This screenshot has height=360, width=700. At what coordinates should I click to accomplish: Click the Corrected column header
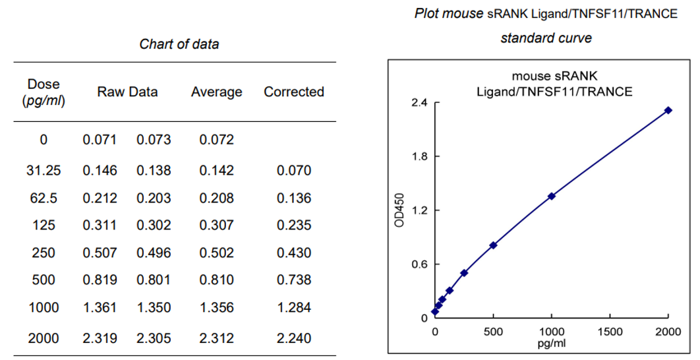[294, 92]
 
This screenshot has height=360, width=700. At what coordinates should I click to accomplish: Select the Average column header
[216, 92]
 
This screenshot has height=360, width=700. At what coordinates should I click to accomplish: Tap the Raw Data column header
[127, 92]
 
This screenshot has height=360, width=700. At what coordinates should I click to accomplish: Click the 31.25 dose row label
[44, 171]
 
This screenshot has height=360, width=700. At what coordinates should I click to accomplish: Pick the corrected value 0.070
[294, 171]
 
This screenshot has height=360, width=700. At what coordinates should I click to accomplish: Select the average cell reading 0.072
[216, 140]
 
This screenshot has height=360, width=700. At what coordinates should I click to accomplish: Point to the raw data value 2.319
[100, 338]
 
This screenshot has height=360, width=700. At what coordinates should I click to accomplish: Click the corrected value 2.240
[294, 338]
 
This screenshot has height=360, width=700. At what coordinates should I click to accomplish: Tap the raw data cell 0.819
[100, 280]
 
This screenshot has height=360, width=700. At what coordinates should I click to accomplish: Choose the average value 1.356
[216, 307]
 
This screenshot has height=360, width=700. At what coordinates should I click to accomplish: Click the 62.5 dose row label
[44, 198]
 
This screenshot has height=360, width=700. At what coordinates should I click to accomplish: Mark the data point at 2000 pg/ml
[668, 110]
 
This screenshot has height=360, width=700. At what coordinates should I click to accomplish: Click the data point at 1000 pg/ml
[552, 196]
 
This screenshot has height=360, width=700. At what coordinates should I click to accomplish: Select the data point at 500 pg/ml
[493, 245]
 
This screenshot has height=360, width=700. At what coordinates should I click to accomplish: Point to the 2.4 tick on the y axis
[420, 103]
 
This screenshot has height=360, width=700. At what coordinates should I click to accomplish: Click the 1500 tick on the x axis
[610, 330]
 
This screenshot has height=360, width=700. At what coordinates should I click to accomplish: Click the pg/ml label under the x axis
[552, 343]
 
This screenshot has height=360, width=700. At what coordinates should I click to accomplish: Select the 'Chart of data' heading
[179, 44]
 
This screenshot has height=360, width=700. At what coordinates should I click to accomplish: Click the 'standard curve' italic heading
[546, 38]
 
